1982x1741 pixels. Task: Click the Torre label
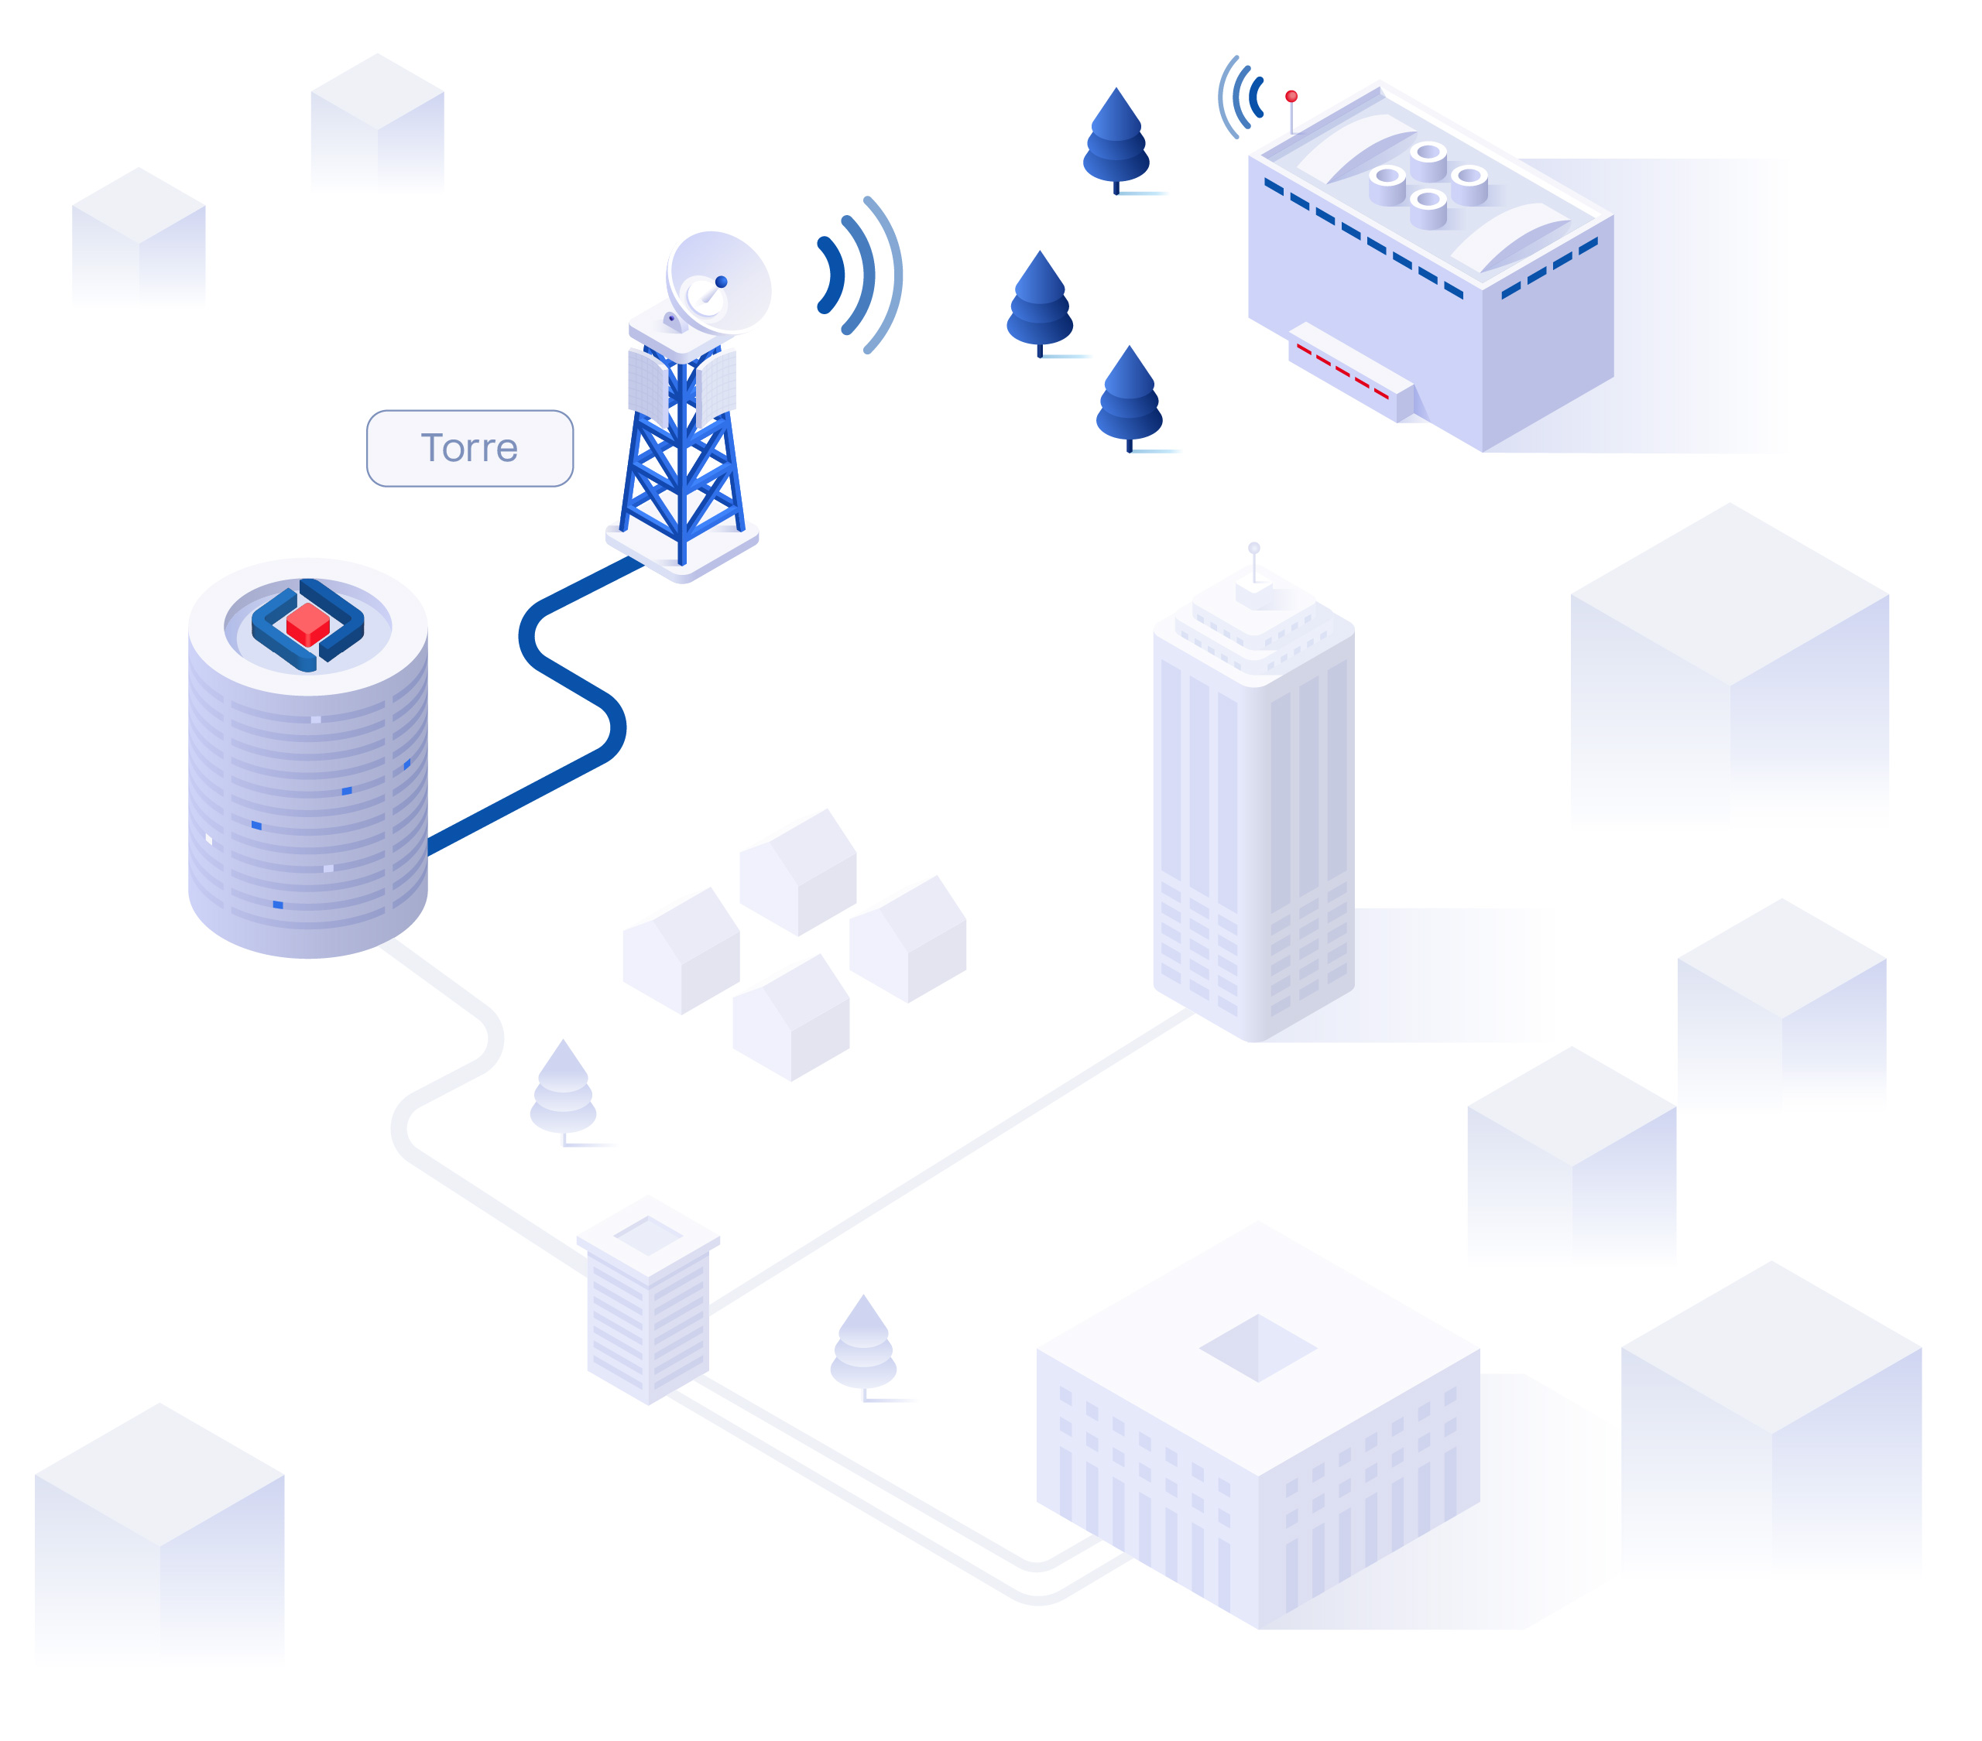(469, 448)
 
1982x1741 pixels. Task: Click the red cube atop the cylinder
(307, 624)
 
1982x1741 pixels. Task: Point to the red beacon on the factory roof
(1291, 97)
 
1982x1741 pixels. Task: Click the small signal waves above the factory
(1241, 97)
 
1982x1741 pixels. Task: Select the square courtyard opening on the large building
(1257, 1347)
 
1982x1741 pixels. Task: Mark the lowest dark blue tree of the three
(1129, 398)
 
